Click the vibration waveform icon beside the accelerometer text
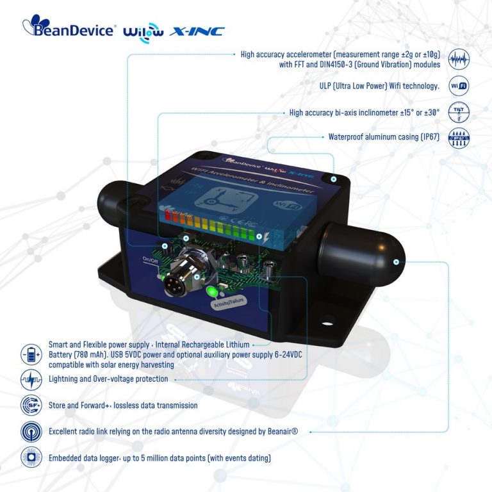click(459, 59)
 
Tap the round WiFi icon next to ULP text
click(459, 86)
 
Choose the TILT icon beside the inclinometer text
click(459, 111)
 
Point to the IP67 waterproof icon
click(459, 136)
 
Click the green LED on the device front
click(211, 293)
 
